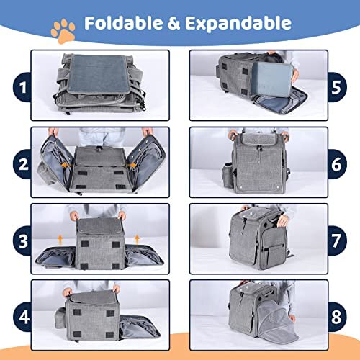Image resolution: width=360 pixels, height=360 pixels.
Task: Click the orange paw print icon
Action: (x=63, y=32)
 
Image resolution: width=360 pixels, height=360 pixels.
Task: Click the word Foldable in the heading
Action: (x=123, y=23)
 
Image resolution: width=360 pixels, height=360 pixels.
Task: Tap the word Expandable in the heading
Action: (x=238, y=24)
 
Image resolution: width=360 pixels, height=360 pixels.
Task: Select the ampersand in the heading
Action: (x=174, y=23)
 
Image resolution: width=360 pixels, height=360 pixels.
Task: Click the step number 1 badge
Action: (x=22, y=87)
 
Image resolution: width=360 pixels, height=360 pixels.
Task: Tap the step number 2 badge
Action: (x=22, y=164)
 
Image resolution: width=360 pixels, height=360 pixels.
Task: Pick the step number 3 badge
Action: (x=22, y=240)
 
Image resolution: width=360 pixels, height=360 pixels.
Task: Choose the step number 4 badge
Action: (x=22, y=317)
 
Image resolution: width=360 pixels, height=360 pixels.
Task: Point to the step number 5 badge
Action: (x=337, y=87)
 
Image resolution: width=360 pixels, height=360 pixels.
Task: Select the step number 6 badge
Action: (x=337, y=164)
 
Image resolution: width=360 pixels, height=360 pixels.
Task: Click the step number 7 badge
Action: (x=337, y=240)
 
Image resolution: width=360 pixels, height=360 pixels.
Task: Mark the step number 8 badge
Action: (x=337, y=317)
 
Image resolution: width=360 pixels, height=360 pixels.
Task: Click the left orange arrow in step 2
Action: (x=66, y=166)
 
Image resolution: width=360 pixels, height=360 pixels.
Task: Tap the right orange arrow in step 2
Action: (x=132, y=166)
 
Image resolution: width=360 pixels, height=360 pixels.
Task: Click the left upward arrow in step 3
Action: (x=60, y=240)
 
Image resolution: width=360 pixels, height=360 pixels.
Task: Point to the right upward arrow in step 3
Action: (x=137, y=240)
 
